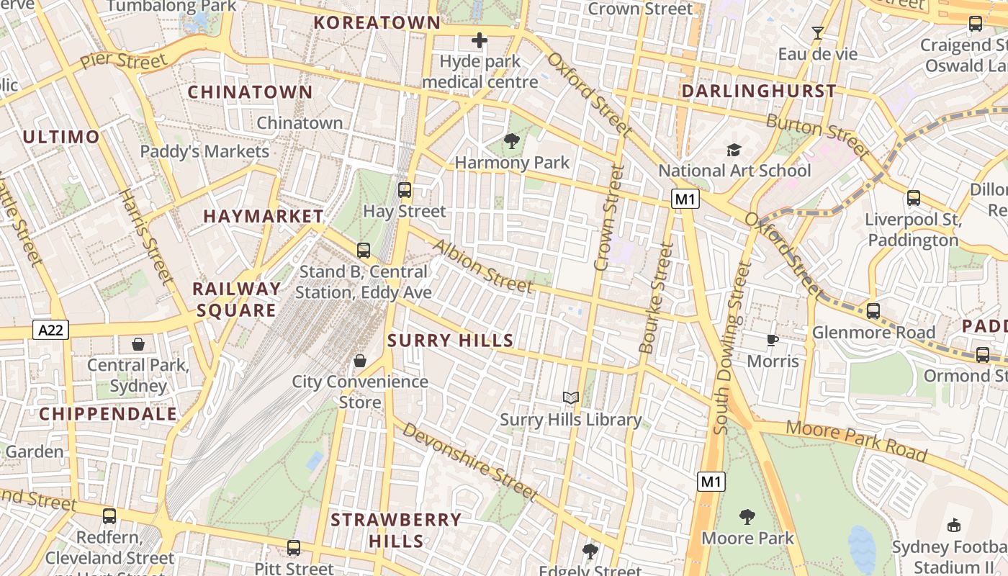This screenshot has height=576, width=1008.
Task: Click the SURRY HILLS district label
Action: coord(451,341)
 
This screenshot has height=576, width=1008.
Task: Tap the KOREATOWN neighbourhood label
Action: coord(377,22)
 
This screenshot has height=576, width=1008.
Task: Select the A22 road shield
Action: coord(50,330)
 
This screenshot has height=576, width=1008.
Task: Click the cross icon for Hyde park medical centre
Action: coord(480,40)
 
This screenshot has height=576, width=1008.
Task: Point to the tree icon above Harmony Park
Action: coord(512,141)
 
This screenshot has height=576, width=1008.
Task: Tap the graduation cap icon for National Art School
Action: coord(734,150)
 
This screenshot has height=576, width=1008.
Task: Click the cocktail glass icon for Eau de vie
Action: coord(818,33)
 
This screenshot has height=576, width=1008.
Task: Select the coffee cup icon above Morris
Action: coord(773,340)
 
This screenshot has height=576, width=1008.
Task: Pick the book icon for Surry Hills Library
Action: coord(571,398)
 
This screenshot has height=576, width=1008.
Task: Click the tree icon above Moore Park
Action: coord(747,516)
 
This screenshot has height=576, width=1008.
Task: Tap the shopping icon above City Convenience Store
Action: coord(360,360)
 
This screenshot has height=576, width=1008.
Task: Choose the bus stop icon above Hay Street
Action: coord(405,190)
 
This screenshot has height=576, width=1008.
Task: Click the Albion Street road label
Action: coord(483,266)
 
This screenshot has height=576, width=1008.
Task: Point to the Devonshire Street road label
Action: coord(469,462)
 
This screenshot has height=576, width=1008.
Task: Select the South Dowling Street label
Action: coord(732,348)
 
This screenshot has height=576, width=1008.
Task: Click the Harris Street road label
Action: coord(147,236)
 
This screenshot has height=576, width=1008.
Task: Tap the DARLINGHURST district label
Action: coord(759,91)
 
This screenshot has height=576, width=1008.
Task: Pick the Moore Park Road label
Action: coord(855,440)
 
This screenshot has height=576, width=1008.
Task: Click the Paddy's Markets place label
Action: coord(204,152)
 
